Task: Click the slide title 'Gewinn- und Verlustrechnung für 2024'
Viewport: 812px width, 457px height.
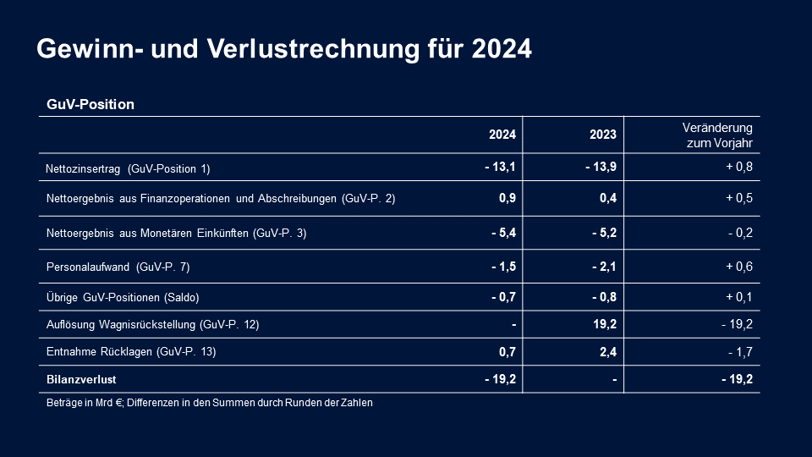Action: pos(284,49)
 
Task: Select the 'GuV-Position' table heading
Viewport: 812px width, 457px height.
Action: pos(91,105)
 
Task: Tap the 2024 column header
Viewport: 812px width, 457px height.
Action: pos(502,135)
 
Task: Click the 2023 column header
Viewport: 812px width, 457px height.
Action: pos(603,135)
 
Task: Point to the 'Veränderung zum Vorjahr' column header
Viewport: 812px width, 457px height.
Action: pos(717,135)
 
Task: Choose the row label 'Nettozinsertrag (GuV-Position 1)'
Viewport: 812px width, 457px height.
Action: pos(128,168)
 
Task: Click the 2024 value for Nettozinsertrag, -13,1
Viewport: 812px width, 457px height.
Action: pos(500,168)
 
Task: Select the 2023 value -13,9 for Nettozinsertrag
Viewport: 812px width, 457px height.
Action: pos(601,168)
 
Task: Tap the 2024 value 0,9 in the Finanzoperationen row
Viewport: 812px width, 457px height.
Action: pos(507,199)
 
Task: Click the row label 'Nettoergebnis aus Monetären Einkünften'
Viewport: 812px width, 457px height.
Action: pos(176,233)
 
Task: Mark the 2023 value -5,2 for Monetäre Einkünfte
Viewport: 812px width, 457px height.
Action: pos(604,233)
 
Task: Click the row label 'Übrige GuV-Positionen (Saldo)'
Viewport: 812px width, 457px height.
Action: pos(123,297)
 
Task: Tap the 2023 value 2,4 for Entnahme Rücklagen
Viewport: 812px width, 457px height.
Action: pos(607,351)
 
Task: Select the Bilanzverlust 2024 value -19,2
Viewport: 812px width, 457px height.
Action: pos(500,379)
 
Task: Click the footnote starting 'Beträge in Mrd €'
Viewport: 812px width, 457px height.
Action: pos(210,403)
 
